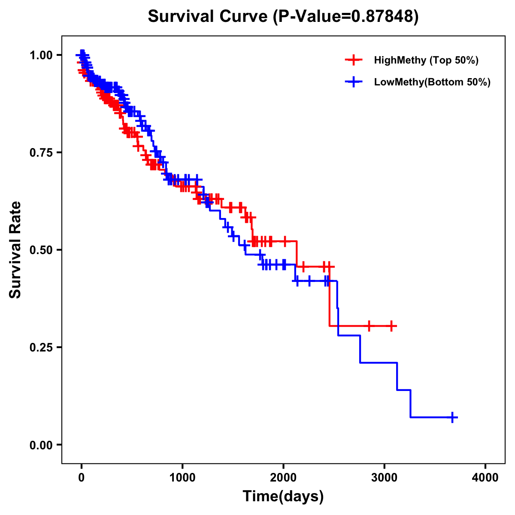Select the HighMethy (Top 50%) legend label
tap(426, 60)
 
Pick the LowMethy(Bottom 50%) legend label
tap(432, 82)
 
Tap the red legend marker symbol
tap(354, 60)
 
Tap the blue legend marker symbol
tap(354, 82)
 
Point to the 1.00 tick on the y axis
tap(41, 55)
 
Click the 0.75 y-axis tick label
tap(41, 153)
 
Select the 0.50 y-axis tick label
tap(41, 250)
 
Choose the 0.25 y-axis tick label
tap(41, 348)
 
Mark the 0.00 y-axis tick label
tap(41, 445)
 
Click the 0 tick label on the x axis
tap(82, 478)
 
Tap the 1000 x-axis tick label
tap(182, 478)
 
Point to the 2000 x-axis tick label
tap(283, 478)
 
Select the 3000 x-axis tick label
tap(385, 478)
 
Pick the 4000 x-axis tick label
tap(485, 478)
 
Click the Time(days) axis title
tap(283, 496)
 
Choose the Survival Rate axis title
tap(15, 250)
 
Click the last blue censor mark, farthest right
tap(452, 417)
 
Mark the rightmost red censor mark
tap(391, 326)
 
